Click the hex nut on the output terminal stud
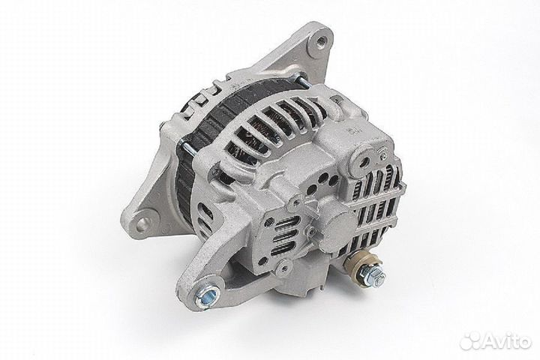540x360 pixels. [x=373, y=277]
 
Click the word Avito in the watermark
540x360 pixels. [x=506, y=341]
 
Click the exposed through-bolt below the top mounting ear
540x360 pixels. [x=298, y=78]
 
